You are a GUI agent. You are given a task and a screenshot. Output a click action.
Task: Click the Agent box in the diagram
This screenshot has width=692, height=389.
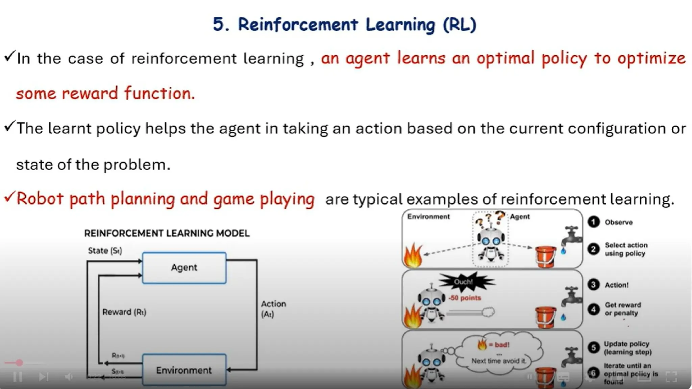pos(184,268)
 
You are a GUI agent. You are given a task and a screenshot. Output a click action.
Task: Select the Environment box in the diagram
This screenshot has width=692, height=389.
pos(184,370)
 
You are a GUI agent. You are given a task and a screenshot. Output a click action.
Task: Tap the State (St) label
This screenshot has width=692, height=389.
pos(105,251)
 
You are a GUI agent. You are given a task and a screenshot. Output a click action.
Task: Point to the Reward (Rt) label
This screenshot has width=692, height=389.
pos(124,312)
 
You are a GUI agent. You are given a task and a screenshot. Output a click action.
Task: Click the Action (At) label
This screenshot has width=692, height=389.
pos(273,309)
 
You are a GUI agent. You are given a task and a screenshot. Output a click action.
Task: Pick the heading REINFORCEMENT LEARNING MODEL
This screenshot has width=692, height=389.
pos(167,233)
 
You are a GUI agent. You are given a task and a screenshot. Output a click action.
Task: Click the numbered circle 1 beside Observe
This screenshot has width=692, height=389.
pos(593,222)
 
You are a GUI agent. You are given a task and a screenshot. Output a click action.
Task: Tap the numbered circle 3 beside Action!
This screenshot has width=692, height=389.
pos(593,285)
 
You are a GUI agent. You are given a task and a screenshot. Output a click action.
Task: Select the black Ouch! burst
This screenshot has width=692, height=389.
pos(465,282)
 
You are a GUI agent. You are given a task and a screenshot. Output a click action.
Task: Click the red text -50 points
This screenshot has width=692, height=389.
pos(465,298)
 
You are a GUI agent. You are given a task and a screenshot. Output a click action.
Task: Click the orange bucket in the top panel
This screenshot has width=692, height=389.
pos(545,257)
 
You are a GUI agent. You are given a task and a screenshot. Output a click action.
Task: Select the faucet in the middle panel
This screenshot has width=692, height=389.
pos(571,297)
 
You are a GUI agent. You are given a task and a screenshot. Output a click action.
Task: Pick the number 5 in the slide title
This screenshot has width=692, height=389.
pos(219,25)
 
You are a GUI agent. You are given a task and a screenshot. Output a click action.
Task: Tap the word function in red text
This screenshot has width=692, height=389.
pos(159,93)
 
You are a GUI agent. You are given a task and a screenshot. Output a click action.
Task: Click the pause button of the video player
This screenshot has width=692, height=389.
pos(18,376)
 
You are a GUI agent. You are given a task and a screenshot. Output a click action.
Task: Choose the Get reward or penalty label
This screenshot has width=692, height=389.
pos(622,309)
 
